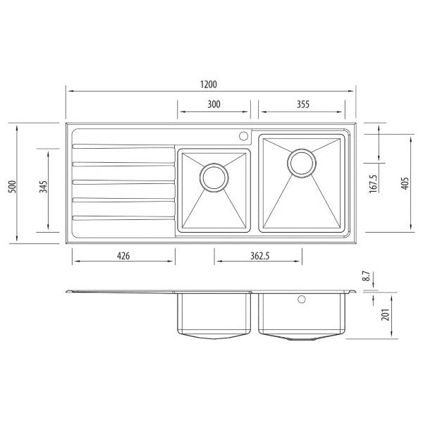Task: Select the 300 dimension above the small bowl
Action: (x=214, y=104)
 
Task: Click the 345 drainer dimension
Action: (x=43, y=187)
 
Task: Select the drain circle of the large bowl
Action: (x=302, y=162)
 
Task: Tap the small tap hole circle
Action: (x=244, y=135)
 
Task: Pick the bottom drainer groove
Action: (x=123, y=216)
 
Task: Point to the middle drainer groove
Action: (x=123, y=182)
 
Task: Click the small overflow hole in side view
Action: (x=304, y=300)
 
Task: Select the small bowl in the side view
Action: (x=214, y=316)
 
